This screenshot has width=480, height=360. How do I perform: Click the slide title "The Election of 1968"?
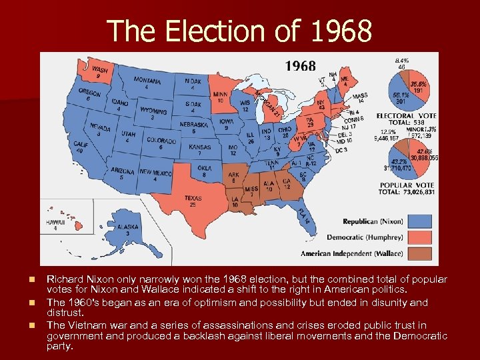(239, 30)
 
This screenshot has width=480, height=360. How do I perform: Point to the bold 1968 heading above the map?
(301, 66)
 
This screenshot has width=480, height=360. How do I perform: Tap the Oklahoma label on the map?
(205, 170)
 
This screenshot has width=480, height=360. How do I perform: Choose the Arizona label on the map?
(122, 173)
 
